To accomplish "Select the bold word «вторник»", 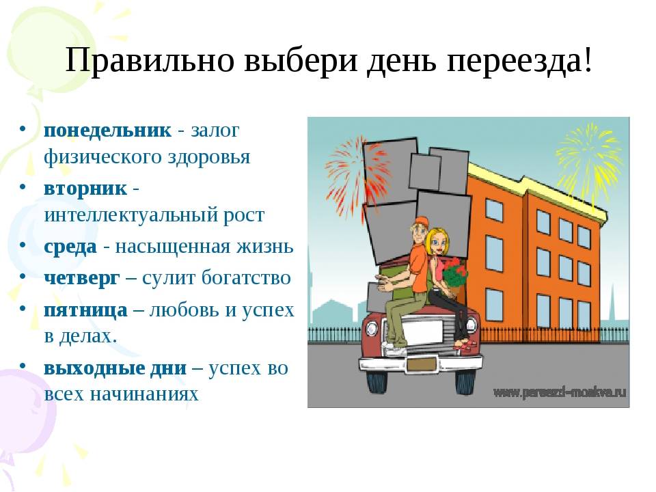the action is coord(85,189).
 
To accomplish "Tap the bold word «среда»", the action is coord(70,247).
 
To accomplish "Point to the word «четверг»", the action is coord(81,278).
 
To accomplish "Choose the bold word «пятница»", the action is coord(86,310).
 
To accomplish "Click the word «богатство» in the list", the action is coord(246,277).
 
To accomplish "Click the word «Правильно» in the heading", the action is coord(150,61).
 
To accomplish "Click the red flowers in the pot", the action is coord(455,273).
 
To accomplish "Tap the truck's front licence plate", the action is coord(422,364).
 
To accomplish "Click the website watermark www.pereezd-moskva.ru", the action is coord(560,392).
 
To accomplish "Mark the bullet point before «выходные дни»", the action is coord(23,365).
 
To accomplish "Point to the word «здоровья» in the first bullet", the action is coord(209,157).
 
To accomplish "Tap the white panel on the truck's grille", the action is coord(424,332).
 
